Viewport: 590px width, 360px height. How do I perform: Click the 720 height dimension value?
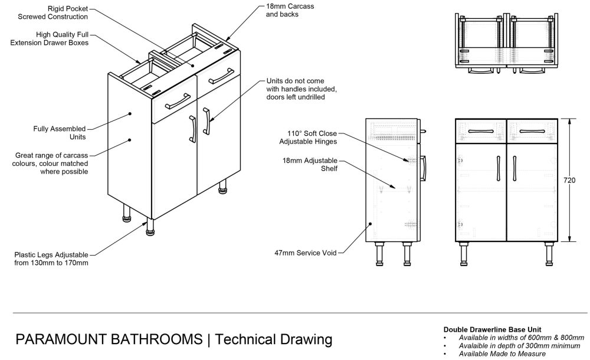[569, 180]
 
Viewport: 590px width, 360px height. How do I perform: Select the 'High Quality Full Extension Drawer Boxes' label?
[50, 40]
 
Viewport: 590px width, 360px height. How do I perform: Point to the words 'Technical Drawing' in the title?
[272, 339]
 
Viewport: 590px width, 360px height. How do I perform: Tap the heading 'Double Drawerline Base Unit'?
[484, 329]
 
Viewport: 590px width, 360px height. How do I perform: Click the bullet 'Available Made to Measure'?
[502, 354]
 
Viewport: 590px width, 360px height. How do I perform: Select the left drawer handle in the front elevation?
[481, 130]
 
